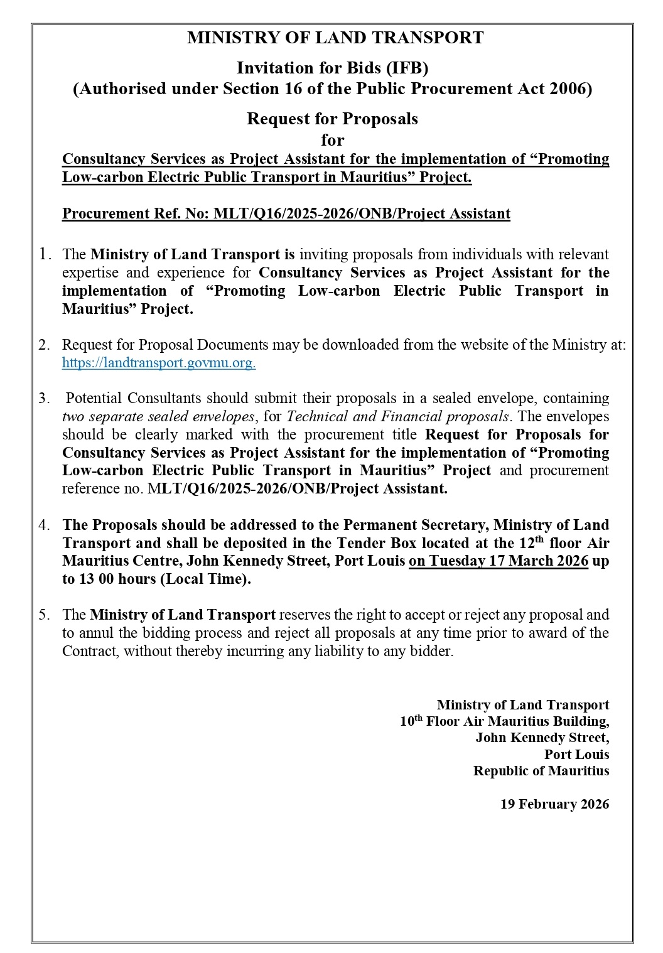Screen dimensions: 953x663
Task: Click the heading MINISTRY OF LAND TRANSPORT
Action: [x=335, y=38]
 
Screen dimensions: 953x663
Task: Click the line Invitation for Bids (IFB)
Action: [x=332, y=68]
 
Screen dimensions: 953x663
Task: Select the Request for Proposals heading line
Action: [x=332, y=119]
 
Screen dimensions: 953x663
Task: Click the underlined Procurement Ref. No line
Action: [x=286, y=213]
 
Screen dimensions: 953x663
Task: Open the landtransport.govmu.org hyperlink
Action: [x=158, y=363]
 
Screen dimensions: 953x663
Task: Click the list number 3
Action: [x=44, y=398]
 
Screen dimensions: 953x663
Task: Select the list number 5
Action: [x=44, y=615]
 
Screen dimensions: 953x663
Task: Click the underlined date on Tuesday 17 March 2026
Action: [x=499, y=561]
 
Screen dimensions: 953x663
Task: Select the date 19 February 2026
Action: [x=554, y=804]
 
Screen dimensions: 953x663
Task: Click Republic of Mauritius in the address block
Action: [x=541, y=771]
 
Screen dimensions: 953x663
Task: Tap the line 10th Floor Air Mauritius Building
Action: [x=504, y=721]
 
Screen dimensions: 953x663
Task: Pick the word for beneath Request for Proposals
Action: [x=332, y=139]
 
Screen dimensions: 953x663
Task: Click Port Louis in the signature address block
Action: [x=576, y=755]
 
